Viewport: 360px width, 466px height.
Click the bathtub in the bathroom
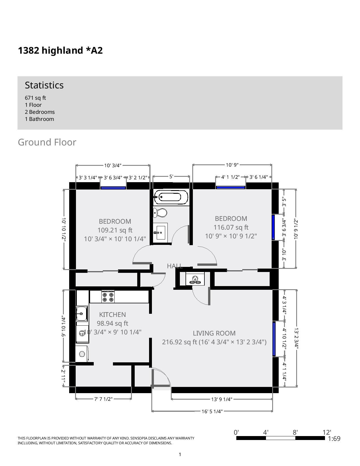[x=171, y=197]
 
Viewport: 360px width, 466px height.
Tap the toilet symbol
[x=160, y=213]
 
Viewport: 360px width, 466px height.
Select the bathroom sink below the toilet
[x=160, y=232]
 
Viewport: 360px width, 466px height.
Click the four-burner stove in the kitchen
[x=108, y=297]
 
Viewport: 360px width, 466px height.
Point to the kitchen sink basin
[x=82, y=313]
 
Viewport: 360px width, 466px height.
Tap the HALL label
[x=174, y=266]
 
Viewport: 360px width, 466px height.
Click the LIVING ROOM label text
[x=214, y=333]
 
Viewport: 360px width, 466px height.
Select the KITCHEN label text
[x=112, y=315]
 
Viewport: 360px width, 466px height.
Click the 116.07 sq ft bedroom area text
[x=231, y=227]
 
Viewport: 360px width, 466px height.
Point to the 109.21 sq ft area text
[x=115, y=230]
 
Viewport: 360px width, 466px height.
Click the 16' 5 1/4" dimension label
[x=212, y=411]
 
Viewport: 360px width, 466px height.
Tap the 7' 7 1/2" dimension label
[x=103, y=399]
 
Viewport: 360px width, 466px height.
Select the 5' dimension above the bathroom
[x=171, y=177]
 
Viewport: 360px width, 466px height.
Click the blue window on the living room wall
[x=274, y=339]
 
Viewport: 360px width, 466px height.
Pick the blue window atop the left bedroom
[x=113, y=188]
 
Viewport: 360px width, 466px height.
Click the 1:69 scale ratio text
[x=334, y=439]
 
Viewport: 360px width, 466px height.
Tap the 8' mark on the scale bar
[x=295, y=432]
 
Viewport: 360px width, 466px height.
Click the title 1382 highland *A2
[x=60, y=51]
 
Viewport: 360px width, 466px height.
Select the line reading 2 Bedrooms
[x=40, y=112]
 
